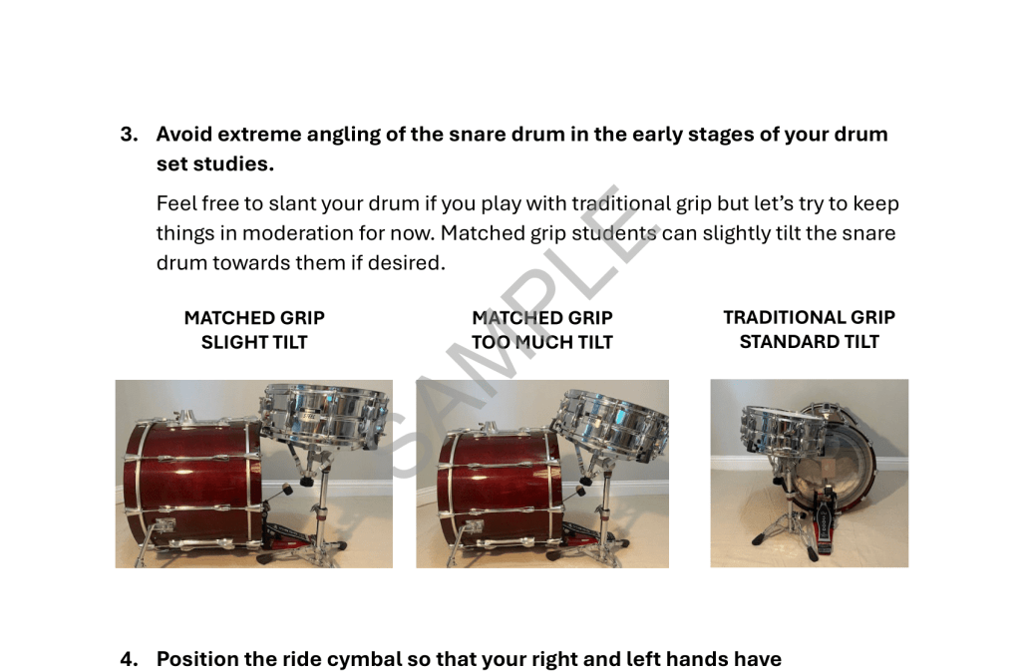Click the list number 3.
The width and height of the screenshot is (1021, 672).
tap(129, 135)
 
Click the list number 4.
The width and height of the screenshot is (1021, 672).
tap(129, 659)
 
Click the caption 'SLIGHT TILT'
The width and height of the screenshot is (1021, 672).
tap(254, 342)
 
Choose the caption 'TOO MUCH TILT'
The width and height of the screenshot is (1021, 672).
tap(542, 342)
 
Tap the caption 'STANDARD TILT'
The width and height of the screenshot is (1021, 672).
tap(810, 341)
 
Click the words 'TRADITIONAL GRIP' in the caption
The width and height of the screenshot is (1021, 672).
tap(810, 317)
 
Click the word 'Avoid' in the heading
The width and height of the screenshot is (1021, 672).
tap(184, 135)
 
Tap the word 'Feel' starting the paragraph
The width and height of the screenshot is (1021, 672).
tap(175, 203)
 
